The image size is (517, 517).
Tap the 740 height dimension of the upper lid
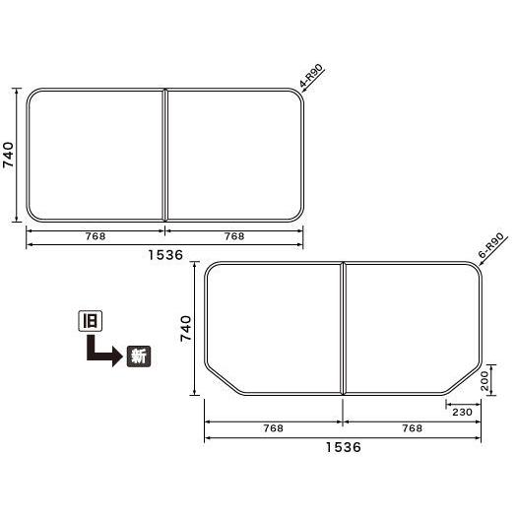(x=9, y=156)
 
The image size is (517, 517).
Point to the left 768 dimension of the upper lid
(x=96, y=236)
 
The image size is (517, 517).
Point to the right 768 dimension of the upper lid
(x=234, y=236)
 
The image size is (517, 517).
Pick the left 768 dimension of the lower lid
(x=274, y=427)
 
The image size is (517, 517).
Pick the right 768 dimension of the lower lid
(x=413, y=427)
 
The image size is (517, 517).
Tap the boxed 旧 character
(x=89, y=320)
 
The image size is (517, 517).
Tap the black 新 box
(x=139, y=356)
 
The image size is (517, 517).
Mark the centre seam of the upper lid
(x=164, y=156)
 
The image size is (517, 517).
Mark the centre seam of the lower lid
(x=343, y=330)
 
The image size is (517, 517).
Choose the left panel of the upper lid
(x=95, y=156)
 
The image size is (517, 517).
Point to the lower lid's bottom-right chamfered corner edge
(x=463, y=381)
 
